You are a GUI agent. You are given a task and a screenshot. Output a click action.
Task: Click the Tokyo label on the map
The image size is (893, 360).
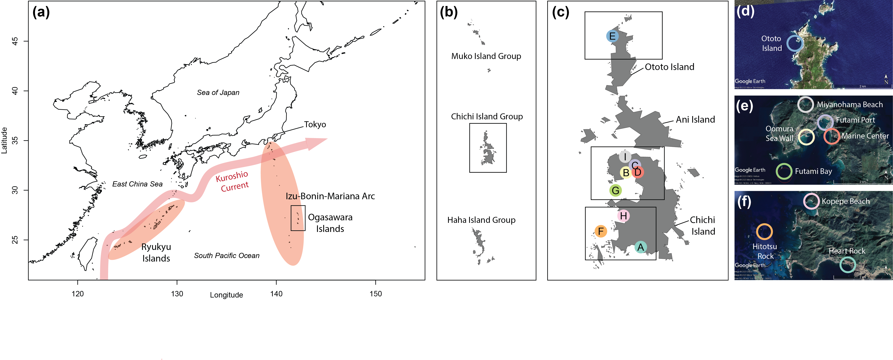click(315, 125)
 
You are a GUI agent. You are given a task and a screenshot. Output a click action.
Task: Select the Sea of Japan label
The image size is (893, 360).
click(218, 93)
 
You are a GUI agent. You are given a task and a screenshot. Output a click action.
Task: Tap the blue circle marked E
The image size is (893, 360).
click(612, 36)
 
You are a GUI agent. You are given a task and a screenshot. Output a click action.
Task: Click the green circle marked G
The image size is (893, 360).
click(615, 190)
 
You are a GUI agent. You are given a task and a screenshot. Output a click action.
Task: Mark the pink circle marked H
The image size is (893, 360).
click(623, 216)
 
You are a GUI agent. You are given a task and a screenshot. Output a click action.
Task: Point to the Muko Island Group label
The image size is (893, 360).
click(486, 56)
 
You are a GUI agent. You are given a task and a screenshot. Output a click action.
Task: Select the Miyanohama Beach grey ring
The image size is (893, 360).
click(805, 104)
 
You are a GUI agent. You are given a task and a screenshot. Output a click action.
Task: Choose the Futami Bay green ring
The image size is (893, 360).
click(784, 171)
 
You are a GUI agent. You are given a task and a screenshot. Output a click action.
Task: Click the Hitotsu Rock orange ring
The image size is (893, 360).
click(764, 232)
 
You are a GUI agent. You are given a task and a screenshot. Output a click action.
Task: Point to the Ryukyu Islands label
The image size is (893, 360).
click(156, 252)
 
